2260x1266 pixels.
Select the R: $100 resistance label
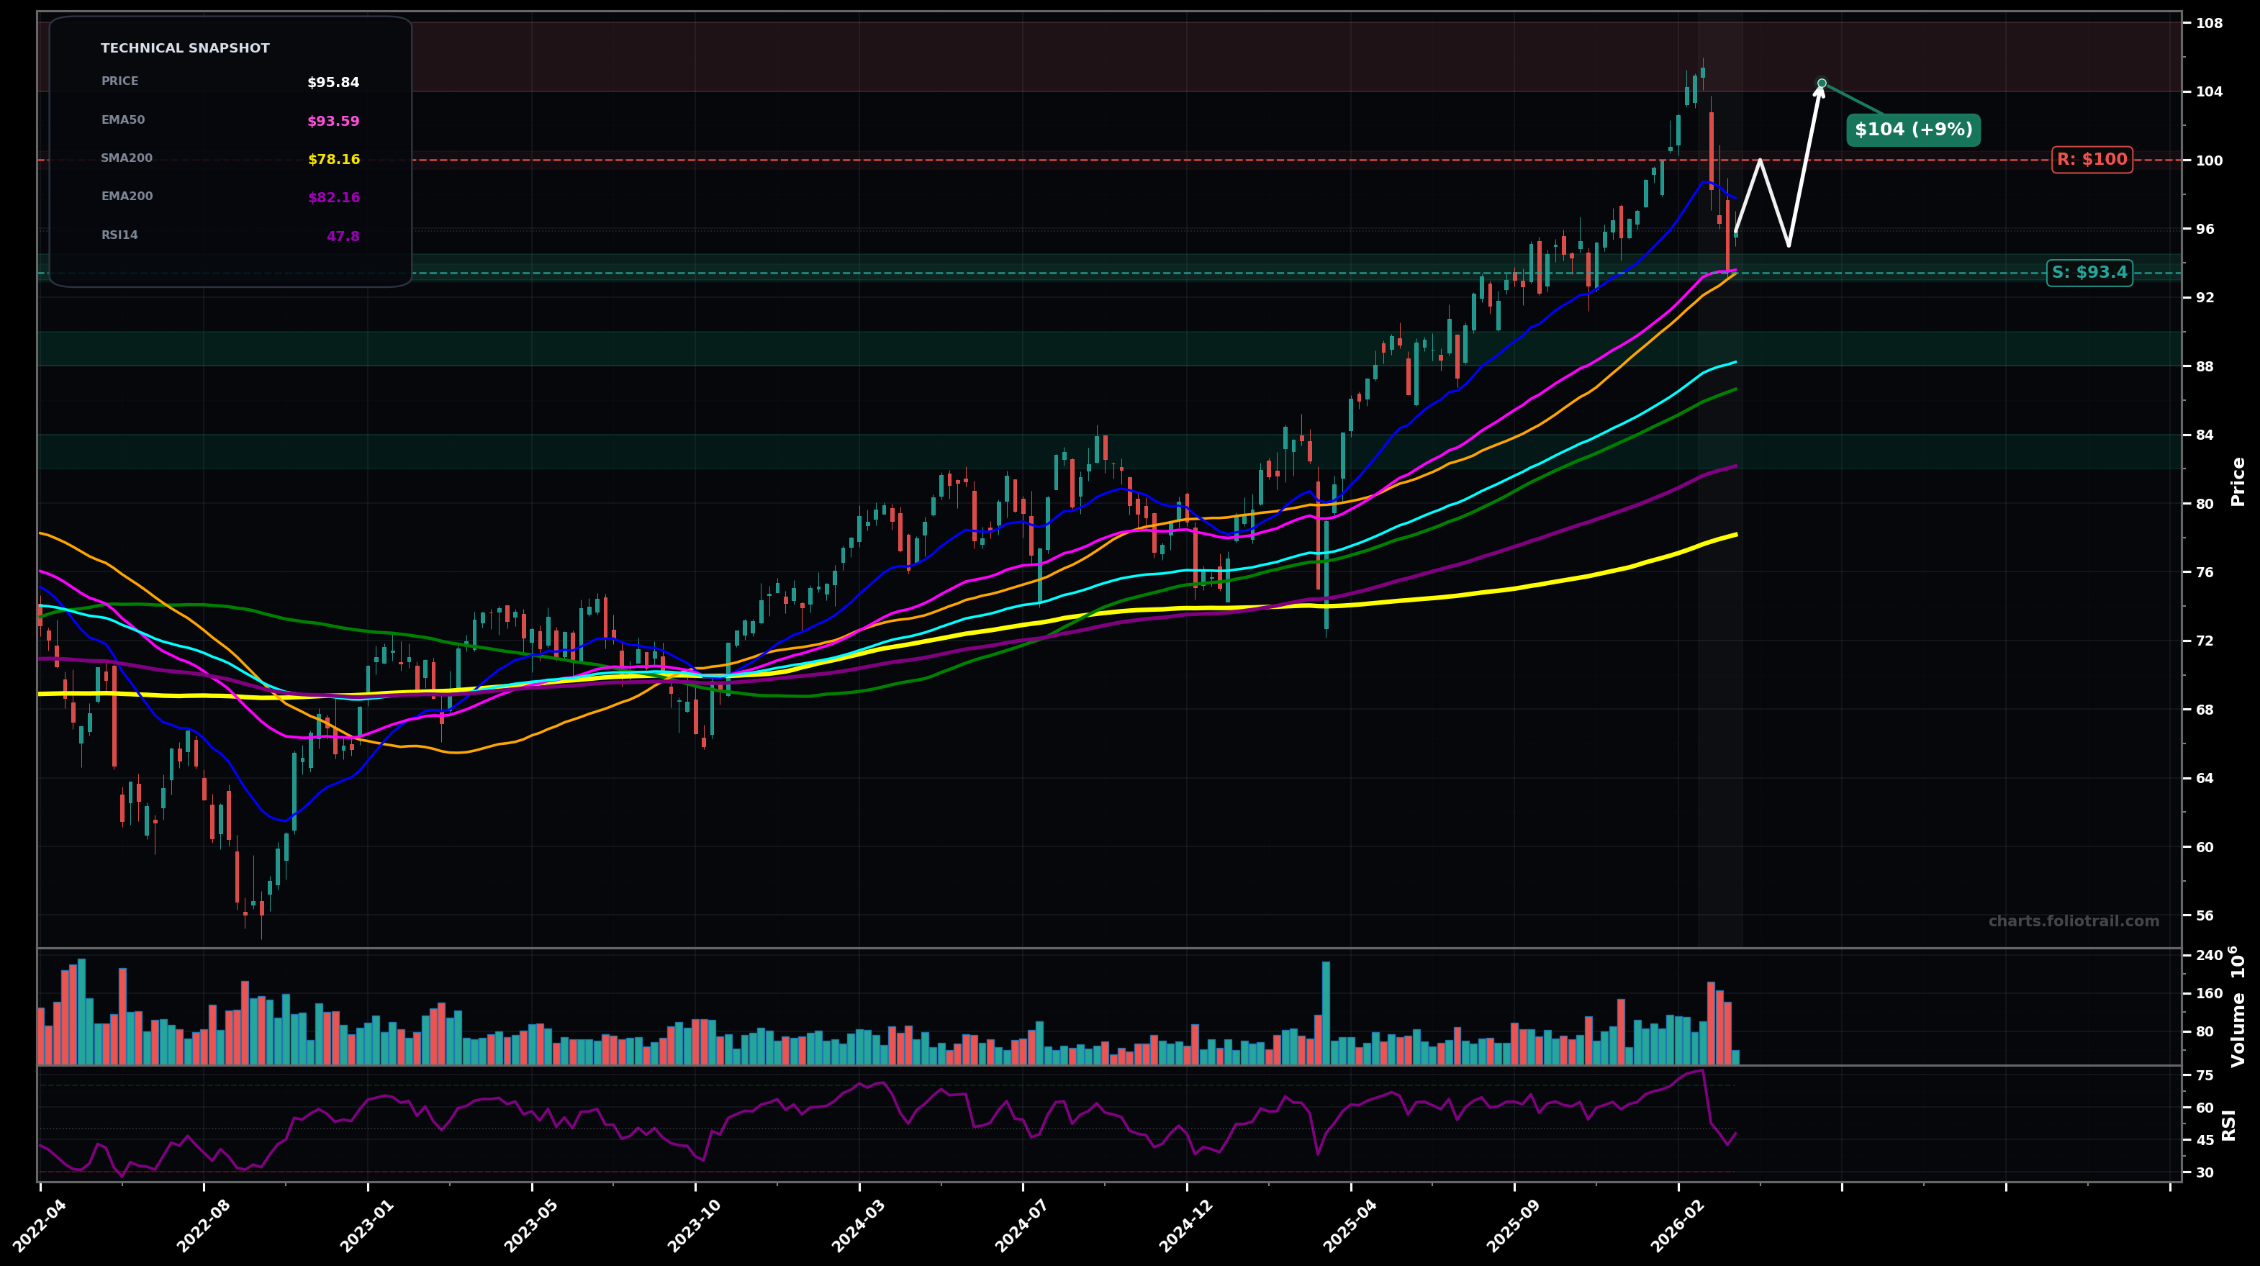click(2092, 160)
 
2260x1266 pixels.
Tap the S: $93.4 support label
click(2089, 273)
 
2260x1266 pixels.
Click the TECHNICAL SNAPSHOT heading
click(185, 48)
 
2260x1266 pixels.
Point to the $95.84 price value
click(333, 83)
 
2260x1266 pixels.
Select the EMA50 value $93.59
click(333, 121)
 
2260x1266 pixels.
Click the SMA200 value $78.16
click(333, 160)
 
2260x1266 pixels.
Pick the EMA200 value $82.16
click(333, 197)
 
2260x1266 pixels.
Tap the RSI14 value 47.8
click(343, 236)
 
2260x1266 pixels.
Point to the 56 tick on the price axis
click(2205, 915)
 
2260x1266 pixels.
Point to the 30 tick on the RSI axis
click(2205, 1172)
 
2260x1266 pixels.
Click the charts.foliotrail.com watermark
click(2073, 921)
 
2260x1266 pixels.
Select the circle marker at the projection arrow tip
click(1822, 83)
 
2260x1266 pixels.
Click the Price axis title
click(2238, 481)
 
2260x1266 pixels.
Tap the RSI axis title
click(2229, 1125)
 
